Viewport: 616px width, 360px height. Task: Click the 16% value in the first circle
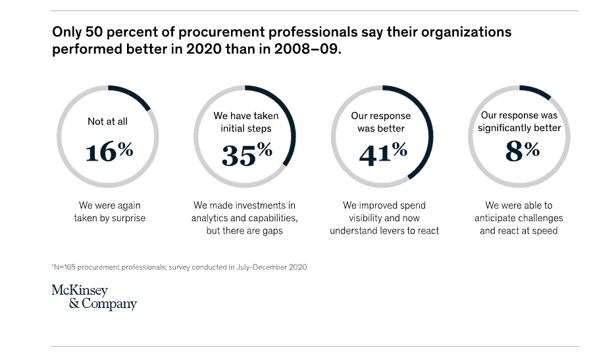coord(109,152)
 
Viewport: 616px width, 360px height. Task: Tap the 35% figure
coord(246,154)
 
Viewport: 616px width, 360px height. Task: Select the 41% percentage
coord(382,154)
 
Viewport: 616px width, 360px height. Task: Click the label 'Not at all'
coord(108,122)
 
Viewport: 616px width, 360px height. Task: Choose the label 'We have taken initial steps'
coord(245,122)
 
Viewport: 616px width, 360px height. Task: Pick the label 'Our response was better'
coord(381,122)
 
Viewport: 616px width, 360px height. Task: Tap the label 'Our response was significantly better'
coord(519,122)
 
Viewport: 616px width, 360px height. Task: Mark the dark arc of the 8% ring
coord(536,91)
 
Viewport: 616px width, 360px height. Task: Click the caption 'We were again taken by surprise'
coord(109,212)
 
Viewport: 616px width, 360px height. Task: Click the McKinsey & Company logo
coord(94,297)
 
